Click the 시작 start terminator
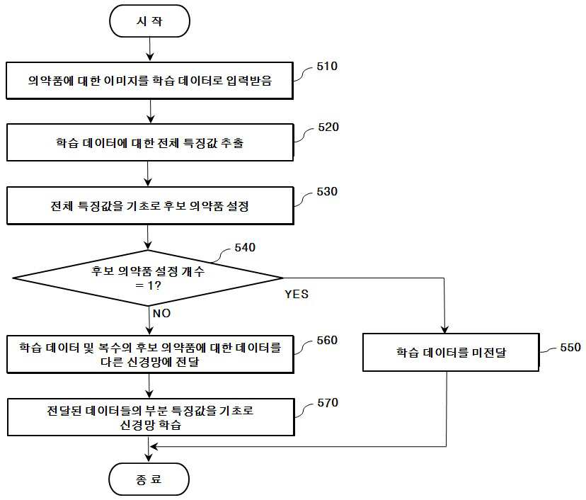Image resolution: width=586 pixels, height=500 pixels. (149, 21)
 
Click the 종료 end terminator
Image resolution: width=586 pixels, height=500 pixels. (149, 479)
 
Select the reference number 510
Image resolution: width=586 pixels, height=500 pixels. (327, 66)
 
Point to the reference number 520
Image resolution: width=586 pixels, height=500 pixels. (328, 127)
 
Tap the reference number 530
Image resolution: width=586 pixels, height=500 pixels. (327, 191)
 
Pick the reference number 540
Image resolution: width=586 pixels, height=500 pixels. (245, 247)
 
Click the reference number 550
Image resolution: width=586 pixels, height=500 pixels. (570, 347)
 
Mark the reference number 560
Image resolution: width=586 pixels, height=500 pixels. (327, 340)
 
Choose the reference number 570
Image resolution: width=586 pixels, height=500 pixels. (328, 402)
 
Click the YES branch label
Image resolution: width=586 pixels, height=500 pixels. (297, 294)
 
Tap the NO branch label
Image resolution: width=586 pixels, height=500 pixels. (161, 313)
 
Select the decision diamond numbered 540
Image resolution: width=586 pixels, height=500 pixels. (148, 278)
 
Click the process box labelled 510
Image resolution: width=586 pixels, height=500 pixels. (149, 81)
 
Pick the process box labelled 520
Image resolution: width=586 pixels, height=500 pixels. (150, 142)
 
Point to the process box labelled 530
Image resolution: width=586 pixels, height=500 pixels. (150, 205)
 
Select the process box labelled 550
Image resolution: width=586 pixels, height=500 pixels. (451, 352)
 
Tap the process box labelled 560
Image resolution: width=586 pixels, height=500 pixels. (150, 354)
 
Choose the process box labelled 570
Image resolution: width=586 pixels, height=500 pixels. (151, 417)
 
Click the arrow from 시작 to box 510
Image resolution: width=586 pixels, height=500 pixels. (149, 49)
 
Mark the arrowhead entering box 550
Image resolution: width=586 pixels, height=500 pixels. (444, 329)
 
